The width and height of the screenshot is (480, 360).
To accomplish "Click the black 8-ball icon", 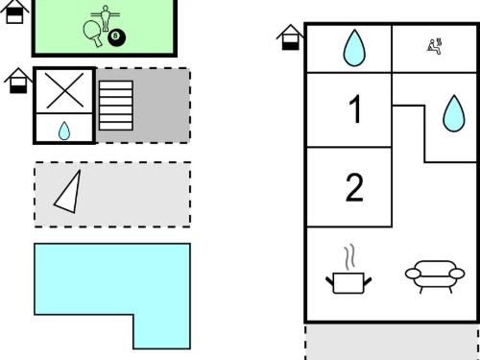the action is coord(116,37).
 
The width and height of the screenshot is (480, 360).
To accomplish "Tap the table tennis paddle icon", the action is coord(93,34).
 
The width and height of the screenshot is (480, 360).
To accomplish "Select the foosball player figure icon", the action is coord(105,18).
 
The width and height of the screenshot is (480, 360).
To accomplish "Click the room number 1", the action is coord(355,109).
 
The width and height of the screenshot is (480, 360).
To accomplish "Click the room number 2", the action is coord(354,187).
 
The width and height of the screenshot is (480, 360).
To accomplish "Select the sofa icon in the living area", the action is coord(435,276).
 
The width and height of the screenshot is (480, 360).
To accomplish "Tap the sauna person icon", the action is coord(434,47).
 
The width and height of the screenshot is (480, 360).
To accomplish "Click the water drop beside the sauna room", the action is coord(354,48).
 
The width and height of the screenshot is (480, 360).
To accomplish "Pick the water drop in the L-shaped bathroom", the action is coord(454,113).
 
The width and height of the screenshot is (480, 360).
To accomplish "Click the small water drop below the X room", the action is coord(64,131).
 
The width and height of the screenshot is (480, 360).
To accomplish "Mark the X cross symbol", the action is coord(64,90).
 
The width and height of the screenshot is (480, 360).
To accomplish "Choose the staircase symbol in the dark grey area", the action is coord(116,106).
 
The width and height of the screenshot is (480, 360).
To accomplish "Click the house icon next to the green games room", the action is coord(14,12).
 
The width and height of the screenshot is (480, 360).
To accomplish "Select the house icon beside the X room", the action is coord(18,81).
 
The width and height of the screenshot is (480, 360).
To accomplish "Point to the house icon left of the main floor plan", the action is coord(290,37).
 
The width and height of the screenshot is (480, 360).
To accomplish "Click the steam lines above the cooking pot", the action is coord(350,256).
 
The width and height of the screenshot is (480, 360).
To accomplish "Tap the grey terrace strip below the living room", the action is coord(393,343).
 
